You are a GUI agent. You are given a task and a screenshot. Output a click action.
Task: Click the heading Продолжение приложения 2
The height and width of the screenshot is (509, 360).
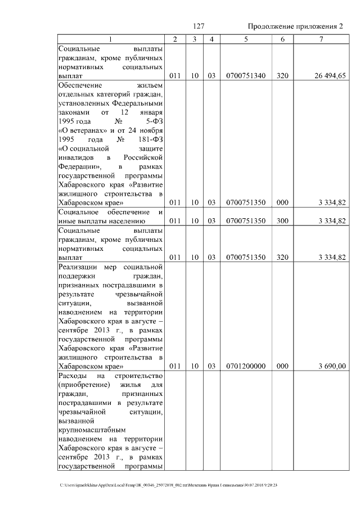click(295, 26)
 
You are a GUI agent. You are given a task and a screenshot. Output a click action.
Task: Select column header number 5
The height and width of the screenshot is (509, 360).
click(245, 39)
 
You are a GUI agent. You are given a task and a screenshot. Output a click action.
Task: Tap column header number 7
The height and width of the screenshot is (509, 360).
click(321, 39)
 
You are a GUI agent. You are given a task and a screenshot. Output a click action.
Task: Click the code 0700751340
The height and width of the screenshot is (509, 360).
click(245, 75)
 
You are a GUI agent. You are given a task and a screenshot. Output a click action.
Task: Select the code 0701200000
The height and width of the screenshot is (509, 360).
click(245, 366)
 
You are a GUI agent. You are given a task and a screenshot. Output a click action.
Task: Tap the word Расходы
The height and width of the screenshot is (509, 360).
click(73, 375)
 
